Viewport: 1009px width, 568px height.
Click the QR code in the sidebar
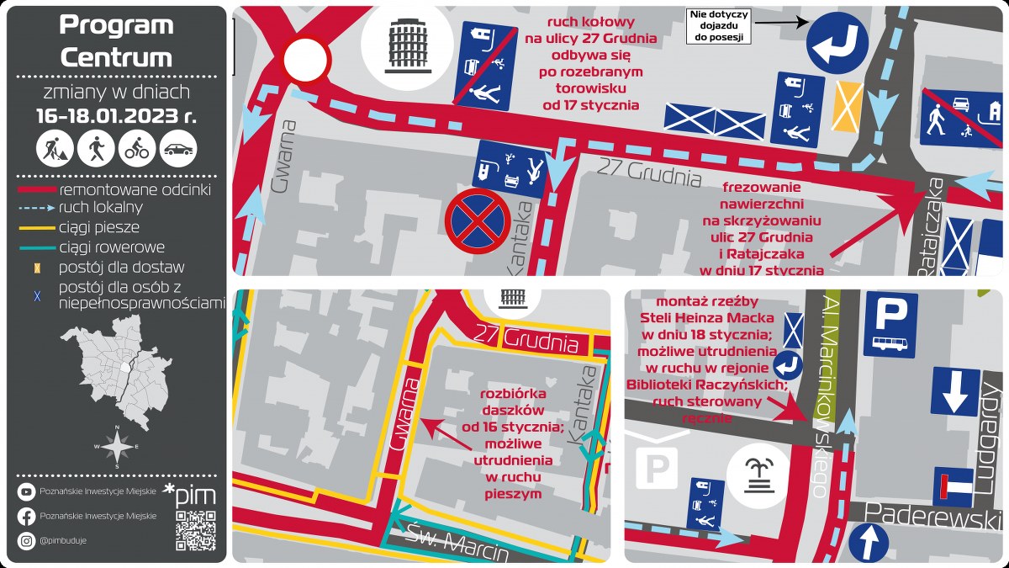195,529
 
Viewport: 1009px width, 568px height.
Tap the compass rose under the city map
117,447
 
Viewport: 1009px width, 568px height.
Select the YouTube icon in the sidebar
26,492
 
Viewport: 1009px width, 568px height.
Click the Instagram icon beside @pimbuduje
26,540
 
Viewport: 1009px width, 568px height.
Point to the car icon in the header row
178,149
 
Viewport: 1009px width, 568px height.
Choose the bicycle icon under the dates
137,149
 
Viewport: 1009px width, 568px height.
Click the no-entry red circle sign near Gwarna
306,61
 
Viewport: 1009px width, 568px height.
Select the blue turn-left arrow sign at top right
837,40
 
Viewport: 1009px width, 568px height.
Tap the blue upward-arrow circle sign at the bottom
871,541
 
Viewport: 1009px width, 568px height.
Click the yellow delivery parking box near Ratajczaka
846,105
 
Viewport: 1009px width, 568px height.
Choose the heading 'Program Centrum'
116,41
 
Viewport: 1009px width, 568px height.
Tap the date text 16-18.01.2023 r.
116,116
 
